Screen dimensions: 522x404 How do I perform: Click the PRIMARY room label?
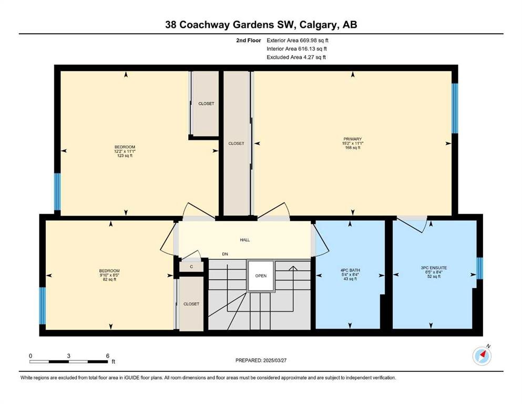(x=353, y=139)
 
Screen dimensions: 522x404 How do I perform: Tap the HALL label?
(x=244, y=240)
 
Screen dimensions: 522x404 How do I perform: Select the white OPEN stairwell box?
(x=261, y=276)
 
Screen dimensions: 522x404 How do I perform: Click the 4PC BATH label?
(x=350, y=270)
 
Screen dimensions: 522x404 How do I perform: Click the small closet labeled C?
(x=191, y=267)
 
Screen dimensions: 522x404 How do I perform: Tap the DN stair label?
(x=225, y=254)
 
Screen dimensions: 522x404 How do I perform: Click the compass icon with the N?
(x=482, y=356)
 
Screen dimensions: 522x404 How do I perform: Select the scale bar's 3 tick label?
(x=68, y=356)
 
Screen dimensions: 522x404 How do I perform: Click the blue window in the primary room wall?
(x=455, y=108)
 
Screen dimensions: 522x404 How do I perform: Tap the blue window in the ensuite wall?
(x=479, y=268)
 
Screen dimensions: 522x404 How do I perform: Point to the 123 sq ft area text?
(x=125, y=156)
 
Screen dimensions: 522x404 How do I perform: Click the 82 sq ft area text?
(x=109, y=279)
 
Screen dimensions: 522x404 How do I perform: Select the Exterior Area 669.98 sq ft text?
(x=298, y=41)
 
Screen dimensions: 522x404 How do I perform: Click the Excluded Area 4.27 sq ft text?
(x=296, y=57)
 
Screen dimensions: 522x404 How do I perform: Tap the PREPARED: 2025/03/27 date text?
(x=261, y=360)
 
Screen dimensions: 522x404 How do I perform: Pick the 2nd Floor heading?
(x=249, y=41)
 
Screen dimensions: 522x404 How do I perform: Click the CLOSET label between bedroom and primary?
(x=237, y=143)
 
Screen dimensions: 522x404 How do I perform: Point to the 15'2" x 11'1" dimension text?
(x=353, y=143)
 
